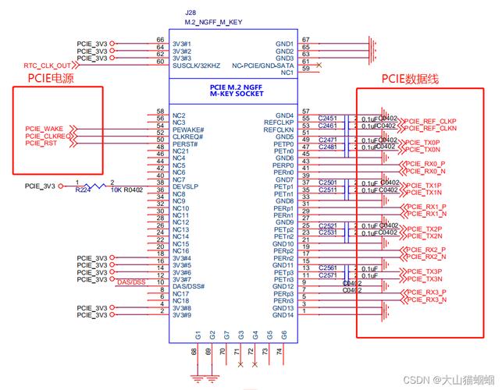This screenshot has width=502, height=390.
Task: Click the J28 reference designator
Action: click(190, 13)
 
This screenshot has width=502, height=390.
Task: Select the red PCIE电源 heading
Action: click(52, 78)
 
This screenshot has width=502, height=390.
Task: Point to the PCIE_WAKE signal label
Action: click(44, 129)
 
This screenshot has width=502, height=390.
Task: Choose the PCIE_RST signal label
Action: click(41, 144)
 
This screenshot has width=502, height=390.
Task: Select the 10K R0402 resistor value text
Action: click(127, 190)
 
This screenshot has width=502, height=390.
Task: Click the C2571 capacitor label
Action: click(328, 275)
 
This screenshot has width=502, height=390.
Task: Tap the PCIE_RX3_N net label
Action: click(425, 300)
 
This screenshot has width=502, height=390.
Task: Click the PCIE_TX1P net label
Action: click(423, 186)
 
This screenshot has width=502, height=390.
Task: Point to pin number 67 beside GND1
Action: click(306, 39)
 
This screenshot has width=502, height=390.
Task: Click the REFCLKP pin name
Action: click(278, 122)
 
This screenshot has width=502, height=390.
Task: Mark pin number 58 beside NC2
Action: click(160, 112)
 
